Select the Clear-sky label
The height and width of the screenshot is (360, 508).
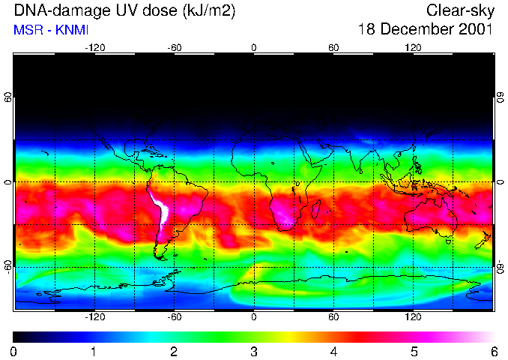click(x=459, y=11)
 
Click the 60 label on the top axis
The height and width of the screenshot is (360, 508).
click(x=333, y=47)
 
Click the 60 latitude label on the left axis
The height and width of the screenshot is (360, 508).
click(x=8, y=97)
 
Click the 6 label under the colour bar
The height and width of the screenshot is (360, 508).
click(x=493, y=351)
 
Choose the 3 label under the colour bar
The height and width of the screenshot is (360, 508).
click(x=254, y=351)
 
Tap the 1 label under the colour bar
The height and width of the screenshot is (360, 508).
click(x=94, y=351)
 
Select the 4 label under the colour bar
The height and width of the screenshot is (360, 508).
click(x=333, y=351)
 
